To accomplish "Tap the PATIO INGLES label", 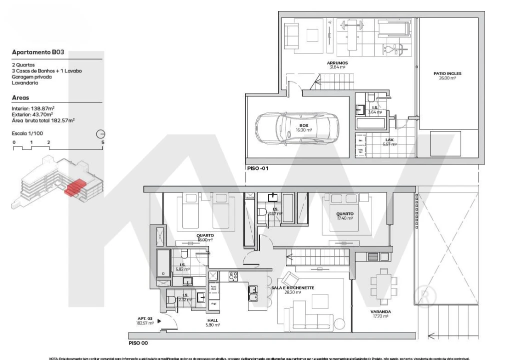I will click(447, 73).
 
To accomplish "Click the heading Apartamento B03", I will click(38, 52).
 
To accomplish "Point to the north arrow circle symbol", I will click(101, 134).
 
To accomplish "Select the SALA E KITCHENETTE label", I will click(293, 288).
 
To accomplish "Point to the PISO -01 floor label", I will click(258, 168).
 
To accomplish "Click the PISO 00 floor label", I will click(138, 343).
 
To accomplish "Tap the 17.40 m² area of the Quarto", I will click(345, 218).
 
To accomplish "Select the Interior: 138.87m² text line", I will click(33, 108).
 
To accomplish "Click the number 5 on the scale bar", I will click(102, 142).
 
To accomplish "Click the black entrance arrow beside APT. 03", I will click(159, 322).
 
